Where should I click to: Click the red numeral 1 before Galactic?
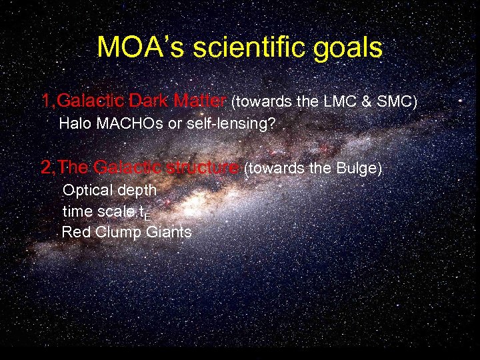tap(46, 101)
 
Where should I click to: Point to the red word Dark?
tap(150, 101)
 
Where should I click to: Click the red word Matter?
tap(199, 101)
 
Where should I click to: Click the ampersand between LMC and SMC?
tap(367, 101)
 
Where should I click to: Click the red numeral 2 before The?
tap(46, 167)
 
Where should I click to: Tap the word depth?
tap(138, 191)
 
